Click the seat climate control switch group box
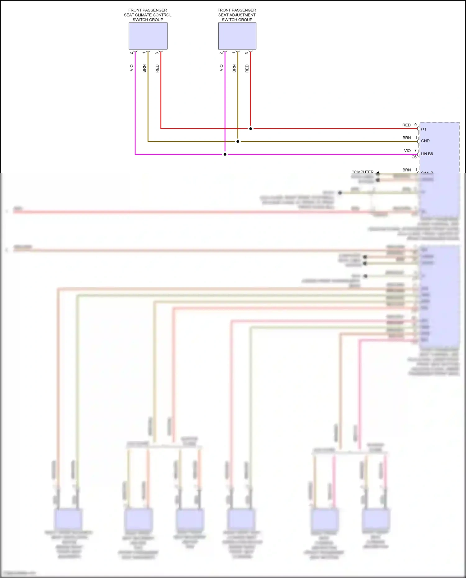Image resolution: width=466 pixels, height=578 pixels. click(148, 36)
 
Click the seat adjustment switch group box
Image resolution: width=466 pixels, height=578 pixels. click(237, 36)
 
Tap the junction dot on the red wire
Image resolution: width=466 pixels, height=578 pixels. click(251, 129)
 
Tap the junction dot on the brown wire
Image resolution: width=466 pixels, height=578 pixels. click(238, 142)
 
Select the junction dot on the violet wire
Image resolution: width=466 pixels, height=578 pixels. click(225, 154)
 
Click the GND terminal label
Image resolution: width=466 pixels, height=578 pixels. click(425, 141)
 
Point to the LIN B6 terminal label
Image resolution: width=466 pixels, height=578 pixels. click(427, 154)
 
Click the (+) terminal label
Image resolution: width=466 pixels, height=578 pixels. click(423, 129)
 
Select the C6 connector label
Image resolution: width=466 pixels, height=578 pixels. click(414, 157)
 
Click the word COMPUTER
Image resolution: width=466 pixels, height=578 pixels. click(362, 172)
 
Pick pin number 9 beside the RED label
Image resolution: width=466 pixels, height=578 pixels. click(415, 125)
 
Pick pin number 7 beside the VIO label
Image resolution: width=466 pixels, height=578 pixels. click(415, 150)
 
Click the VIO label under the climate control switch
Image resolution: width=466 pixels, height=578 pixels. click(131, 68)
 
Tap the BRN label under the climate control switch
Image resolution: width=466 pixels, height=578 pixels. click(144, 68)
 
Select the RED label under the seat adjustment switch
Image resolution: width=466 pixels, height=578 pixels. click(247, 68)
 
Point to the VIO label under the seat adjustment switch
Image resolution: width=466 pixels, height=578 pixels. click(221, 68)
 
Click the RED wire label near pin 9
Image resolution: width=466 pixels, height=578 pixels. click(406, 125)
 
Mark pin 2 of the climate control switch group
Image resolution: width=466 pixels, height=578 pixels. click(131, 53)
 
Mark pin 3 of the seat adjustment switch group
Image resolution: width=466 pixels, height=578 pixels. click(247, 53)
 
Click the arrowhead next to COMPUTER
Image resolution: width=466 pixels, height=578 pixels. click(377, 173)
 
